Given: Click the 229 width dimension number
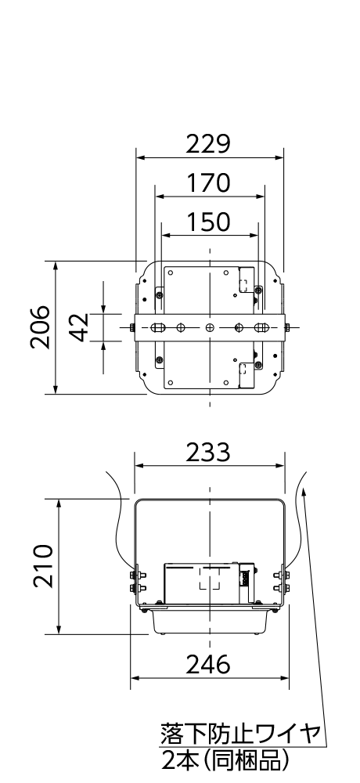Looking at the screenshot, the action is click(209, 144).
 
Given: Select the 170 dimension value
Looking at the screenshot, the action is click(209, 182).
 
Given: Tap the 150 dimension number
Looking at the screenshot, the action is click(209, 222).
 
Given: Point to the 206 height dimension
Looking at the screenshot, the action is click(39, 327).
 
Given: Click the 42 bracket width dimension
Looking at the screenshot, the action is click(78, 327).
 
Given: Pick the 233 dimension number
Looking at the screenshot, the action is click(209, 453).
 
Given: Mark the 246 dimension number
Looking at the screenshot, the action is click(209, 664).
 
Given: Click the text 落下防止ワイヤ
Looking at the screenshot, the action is click(239, 734).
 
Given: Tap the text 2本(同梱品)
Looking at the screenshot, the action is click(225, 761).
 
